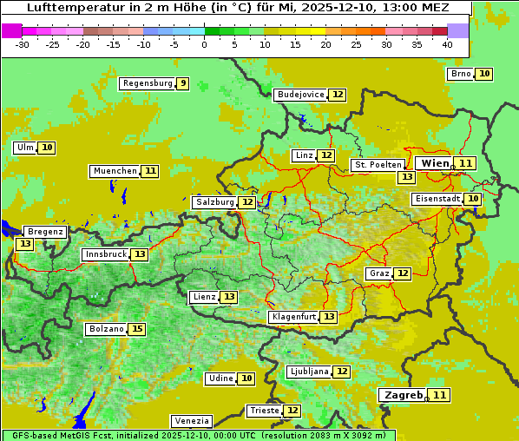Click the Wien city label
point(435,163)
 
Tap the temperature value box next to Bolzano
point(137,329)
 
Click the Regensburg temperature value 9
point(181,83)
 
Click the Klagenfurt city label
point(293,317)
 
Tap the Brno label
point(461,74)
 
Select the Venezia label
point(191,420)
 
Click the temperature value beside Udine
point(247,378)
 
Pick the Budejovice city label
point(300,95)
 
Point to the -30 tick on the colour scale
point(22,44)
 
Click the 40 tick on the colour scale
point(447,44)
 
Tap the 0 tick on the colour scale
point(205,44)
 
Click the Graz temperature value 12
point(403,273)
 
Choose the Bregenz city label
point(45,232)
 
